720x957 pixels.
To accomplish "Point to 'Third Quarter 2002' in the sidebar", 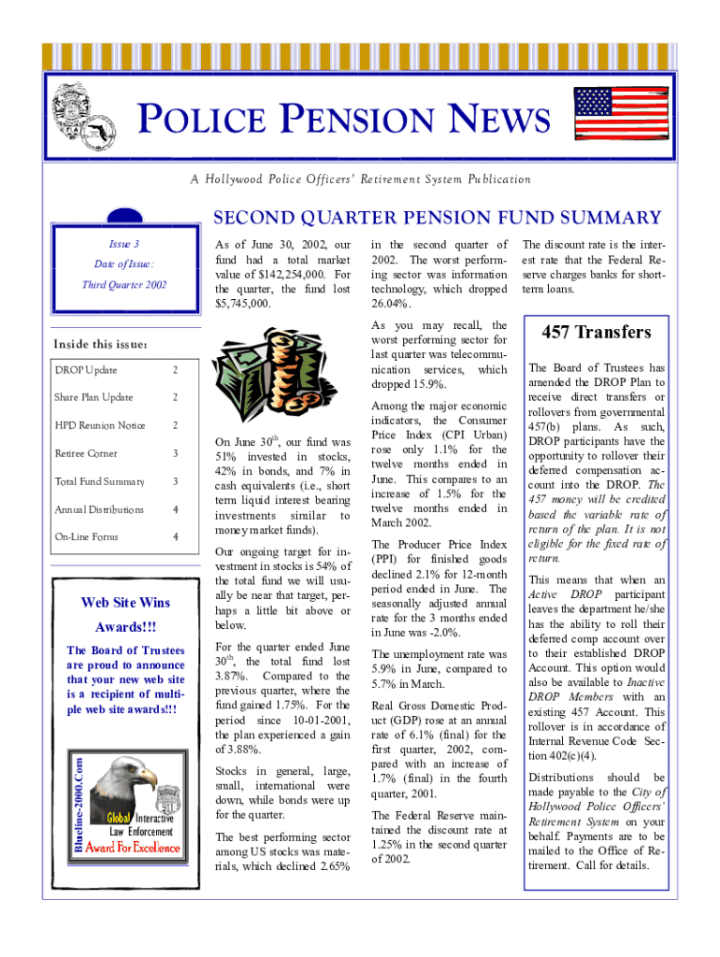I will pos(123,284).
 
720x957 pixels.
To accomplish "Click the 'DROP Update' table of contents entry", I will pos(86,370).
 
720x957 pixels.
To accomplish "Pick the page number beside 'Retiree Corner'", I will pos(175,453).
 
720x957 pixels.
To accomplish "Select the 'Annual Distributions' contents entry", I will pos(99,509).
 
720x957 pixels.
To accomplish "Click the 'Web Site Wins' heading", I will pos(124,600).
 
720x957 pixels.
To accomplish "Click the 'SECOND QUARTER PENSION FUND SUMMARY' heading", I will pos(438,219).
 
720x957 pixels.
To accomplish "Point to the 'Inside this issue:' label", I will pos(98,344).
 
